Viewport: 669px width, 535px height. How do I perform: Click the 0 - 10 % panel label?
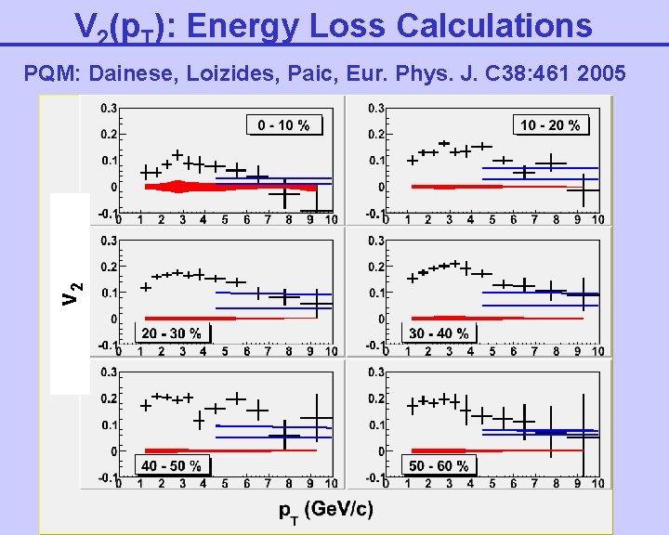coord(284,125)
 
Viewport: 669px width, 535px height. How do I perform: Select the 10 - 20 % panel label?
coord(550,124)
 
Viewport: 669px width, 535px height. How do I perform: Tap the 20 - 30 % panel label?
coord(171,333)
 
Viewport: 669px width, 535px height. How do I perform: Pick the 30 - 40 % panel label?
coord(439,333)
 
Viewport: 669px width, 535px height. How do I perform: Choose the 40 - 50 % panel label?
coord(171,465)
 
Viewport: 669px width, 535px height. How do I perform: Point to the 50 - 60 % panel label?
coord(439,465)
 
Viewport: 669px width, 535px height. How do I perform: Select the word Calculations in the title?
coord(493,25)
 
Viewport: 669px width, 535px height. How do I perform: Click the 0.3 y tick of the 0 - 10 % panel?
coord(110,108)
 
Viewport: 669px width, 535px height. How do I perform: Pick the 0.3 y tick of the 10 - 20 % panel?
coord(377,108)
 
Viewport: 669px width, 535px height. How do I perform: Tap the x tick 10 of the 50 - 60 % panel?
coord(599,485)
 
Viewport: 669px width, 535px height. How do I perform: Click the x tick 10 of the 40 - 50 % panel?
coord(332,485)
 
